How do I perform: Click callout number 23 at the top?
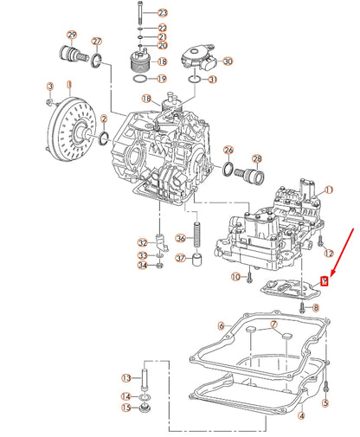[163, 13]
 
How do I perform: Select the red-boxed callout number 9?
[325, 280]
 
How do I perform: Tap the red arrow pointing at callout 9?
[343, 252]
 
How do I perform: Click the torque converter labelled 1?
[71, 129]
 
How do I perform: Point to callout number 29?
[72, 35]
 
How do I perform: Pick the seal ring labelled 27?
[96, 60]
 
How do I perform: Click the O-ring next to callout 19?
[140, 79]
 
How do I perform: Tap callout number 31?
[213, 79]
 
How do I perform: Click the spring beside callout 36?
[197, 234]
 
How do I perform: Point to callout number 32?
[143, 243]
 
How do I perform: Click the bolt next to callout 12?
[320, 241]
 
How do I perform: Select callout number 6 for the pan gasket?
[222, 326]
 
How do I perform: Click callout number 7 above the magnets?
[273, 325]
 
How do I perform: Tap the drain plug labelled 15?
[145, 408]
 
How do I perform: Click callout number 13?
[126, 377]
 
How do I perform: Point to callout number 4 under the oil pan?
[302, 415]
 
